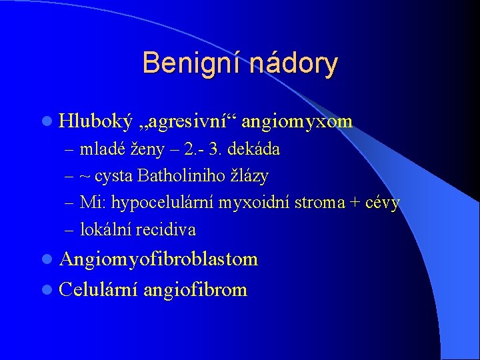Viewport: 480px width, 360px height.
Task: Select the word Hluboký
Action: (93, 121)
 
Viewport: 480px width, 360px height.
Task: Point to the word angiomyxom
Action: (297, 121)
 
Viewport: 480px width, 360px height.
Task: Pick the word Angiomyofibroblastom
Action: (159, 259)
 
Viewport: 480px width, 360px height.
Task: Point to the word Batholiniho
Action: (176, 176)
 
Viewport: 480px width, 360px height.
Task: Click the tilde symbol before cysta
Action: (85, 177)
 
